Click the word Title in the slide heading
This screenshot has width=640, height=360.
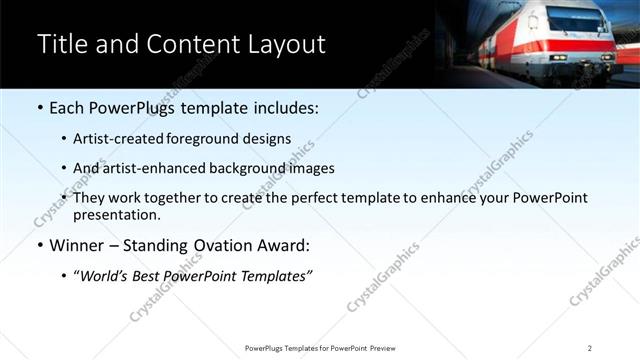pyautogui.click(x=62, y=45)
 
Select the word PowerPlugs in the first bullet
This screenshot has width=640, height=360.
pyautogui.click(x=127, y=108)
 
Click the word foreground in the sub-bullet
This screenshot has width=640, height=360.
pyautogui.click(x=212, y=139)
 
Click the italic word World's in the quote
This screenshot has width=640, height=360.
pyautogui.click(x=104, y=276)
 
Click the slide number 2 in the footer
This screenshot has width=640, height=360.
pyautogui.click(x=590, y=348)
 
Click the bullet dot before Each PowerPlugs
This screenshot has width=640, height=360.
pyautogui.click(x=39, y=108)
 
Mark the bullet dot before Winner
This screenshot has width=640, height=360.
pyautogui.click(x=39, y=245)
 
